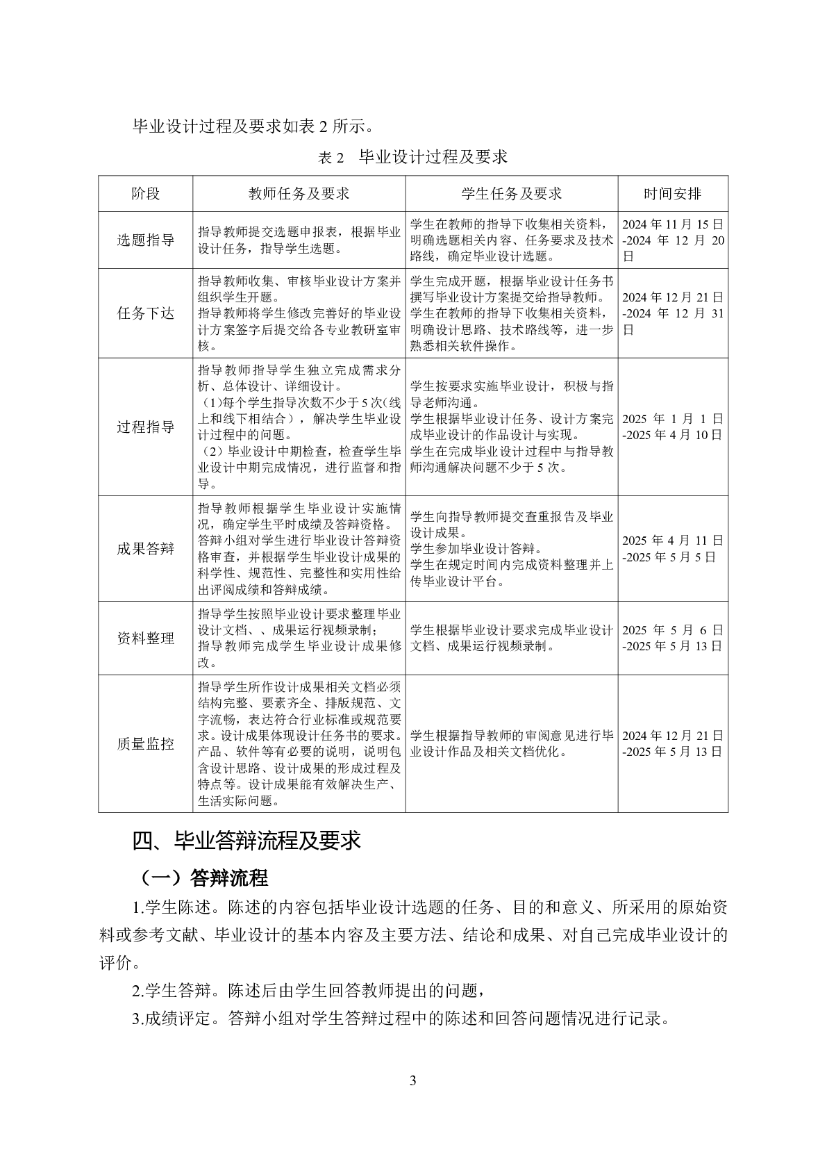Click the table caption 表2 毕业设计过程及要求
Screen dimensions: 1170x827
[x=412, y=157]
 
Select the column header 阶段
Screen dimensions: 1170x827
[x=145, y=194]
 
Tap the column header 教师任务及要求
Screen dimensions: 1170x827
[x=299, y=194]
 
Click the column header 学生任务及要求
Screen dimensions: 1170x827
[x=511, y=194]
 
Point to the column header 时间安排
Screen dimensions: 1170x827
[x=672, y=194]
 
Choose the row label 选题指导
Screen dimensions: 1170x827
[x=145, y=240]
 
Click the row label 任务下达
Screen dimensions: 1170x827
[x=145, y=313]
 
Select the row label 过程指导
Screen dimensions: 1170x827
[x=145, y=427]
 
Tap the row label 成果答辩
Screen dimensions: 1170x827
[x=145, y=549]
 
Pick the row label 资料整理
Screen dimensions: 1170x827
[x=145, y=638]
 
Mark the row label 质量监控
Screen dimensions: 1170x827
[x=145, y=744]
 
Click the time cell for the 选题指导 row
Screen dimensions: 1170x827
[x=672, y=240]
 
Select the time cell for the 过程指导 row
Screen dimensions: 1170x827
[x=672, y=427]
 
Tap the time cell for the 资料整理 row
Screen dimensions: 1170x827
[x=672, y=638]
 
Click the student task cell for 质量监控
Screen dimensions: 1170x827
[x=511, y=744]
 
